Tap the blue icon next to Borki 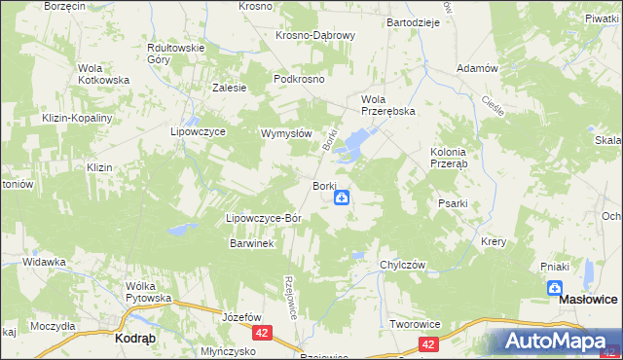342,198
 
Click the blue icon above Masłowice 554,288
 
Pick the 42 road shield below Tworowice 429,343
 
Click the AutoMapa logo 555,341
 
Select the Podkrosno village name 299,79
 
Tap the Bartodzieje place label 414,21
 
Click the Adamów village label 478,69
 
